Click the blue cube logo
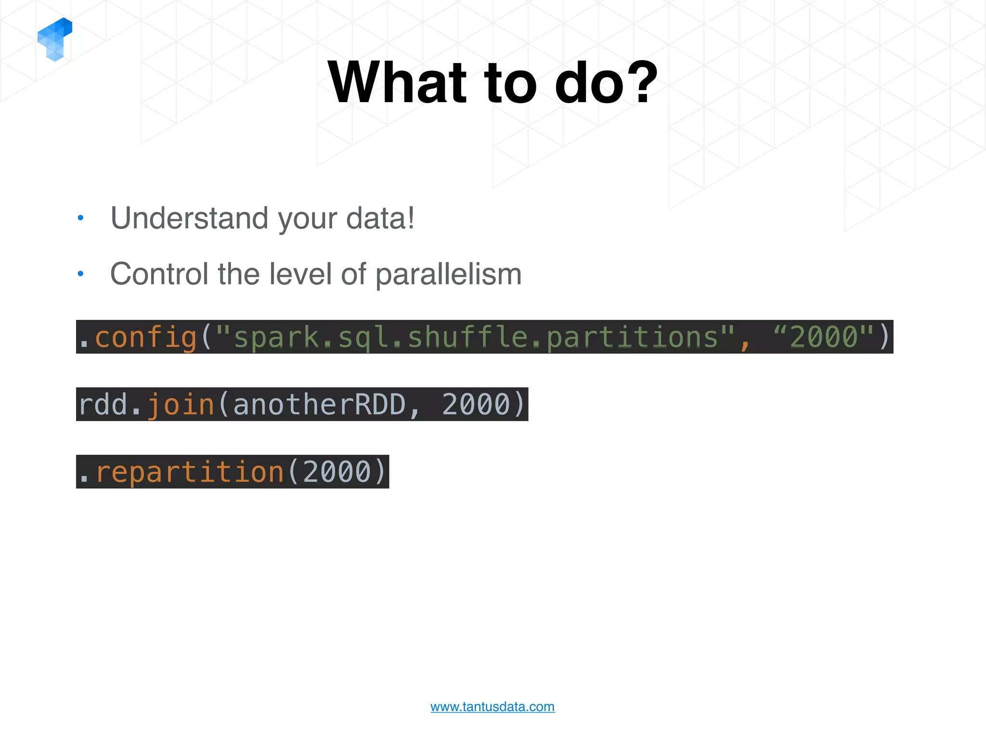(x=55, y=39)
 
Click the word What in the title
(x=397, y=82)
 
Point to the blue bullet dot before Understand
(x=80, y=218)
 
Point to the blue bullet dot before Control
(x=80, y=274)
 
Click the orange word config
(x=145, y=337)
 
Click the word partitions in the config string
(x=633, y=337)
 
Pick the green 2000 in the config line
(x=824, y=337)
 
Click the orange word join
(x=180, y=405)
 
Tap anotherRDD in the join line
(x=319, y=405)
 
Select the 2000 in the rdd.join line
(x=476, y=405)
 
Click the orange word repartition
(x=190, y=472)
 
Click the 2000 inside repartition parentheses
(x=337, y=472)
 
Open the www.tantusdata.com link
(x=492, y=707)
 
